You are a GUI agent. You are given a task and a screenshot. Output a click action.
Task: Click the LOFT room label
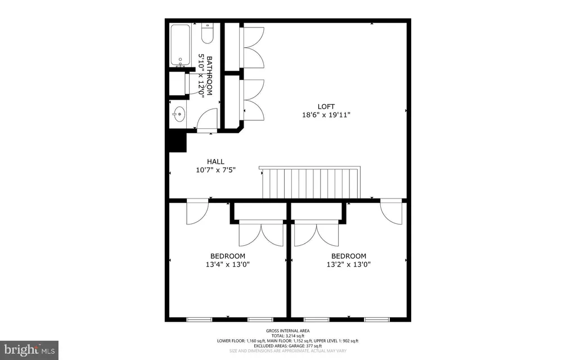point(326,106)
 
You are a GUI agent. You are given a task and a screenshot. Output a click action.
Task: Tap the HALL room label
point(215,161)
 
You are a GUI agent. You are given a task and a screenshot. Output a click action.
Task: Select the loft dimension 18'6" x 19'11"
point(326,115)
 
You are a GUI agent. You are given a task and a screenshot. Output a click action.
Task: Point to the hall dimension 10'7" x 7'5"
point(215,170)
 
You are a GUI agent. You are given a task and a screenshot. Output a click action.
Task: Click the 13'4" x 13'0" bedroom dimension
point(228,264)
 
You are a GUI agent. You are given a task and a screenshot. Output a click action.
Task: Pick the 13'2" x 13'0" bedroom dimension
point(349,264)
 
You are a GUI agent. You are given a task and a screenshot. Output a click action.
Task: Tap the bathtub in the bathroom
point(180,45)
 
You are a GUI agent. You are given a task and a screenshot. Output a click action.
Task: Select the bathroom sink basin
point(179,114)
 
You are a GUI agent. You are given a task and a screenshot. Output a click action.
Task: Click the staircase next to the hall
point(310,183)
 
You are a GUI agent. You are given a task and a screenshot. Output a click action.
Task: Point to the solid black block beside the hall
point(178,142)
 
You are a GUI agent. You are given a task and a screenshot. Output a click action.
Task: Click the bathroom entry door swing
point(208,118)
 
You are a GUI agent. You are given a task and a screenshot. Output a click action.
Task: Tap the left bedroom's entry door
point(197,213)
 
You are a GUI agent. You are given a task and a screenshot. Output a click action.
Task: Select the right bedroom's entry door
point(391,213)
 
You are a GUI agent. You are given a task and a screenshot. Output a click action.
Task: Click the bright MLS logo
point(29,350)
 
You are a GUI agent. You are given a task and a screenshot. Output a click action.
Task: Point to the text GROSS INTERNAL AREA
point(288,331)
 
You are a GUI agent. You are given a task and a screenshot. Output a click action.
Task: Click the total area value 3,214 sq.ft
point(295,336)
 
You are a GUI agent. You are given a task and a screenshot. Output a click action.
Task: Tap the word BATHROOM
point(210,76)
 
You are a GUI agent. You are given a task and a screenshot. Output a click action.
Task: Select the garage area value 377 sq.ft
point(314,346)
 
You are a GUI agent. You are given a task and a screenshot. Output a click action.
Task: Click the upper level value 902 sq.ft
point(350,341)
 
